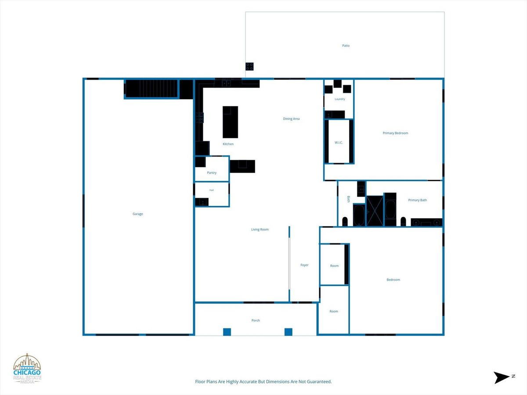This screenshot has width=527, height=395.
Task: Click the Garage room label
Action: coord(137,214)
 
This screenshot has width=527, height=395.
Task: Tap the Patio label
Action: coord(346,46)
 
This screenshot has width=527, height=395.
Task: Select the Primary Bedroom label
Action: coord(395,133)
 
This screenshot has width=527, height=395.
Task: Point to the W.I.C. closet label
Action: coord(339,143)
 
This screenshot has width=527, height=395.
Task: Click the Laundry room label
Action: coord(340,99)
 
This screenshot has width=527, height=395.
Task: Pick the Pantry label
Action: coord(212,172)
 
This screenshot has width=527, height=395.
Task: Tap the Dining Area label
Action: coord(291,118)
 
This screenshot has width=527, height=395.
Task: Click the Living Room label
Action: coord(260,230)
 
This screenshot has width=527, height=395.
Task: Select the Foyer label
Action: coord(304,265)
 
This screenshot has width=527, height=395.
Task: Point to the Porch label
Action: coord(256,320)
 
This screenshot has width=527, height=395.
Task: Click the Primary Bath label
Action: coord(418,200)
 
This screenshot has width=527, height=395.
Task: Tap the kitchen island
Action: coord(230,122)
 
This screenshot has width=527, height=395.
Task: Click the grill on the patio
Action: coord(249,66)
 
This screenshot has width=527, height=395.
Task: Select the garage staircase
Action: coord(152,88)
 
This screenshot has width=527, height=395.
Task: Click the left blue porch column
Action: coord(227,332)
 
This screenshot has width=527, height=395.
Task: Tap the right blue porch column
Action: coord(289,332)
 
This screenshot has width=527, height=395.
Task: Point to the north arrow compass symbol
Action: coord(502,377)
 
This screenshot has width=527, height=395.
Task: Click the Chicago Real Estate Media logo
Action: coord(27,369)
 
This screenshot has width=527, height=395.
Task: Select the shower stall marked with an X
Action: coord(375,211)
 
